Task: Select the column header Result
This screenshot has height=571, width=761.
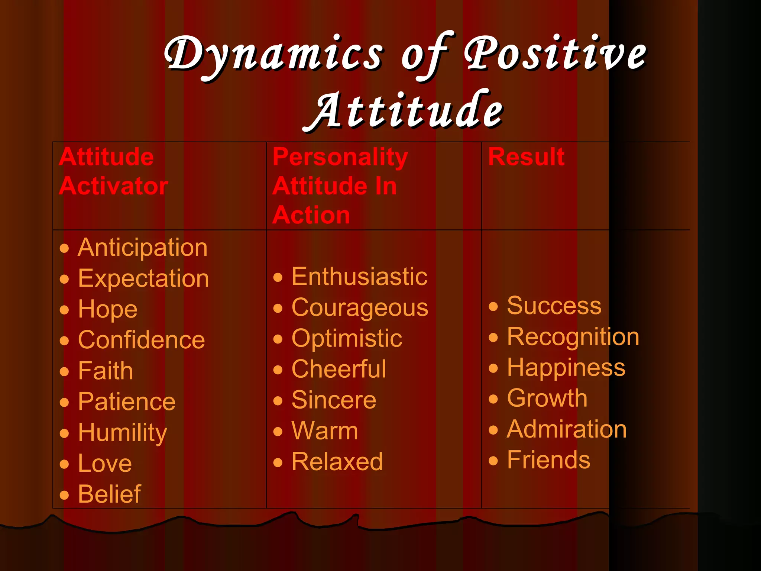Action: (526, 157)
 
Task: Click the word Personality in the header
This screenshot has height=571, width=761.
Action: (340, 157)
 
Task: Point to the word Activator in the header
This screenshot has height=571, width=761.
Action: (113, 186)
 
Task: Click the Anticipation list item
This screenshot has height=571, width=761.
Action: (142, 247)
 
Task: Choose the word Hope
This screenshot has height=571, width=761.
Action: (108, 309)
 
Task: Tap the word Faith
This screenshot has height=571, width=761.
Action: (106, 371)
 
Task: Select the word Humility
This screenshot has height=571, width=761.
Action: (123, 433)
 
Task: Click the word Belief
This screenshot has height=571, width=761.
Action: (110, 494)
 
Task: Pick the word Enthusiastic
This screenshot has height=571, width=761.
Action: (359, 277)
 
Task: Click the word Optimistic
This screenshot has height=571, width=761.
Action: (347, 338)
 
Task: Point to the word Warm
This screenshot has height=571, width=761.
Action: (325, 431)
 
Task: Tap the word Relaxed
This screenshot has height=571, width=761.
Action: (337, 462)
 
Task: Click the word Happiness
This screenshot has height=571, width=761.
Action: (566, 367)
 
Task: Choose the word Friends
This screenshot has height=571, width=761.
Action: (548, 460)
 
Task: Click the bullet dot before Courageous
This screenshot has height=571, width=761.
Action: (278, 308)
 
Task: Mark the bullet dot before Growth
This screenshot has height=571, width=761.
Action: (493, 399)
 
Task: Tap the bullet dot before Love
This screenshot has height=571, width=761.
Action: (65, 464)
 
